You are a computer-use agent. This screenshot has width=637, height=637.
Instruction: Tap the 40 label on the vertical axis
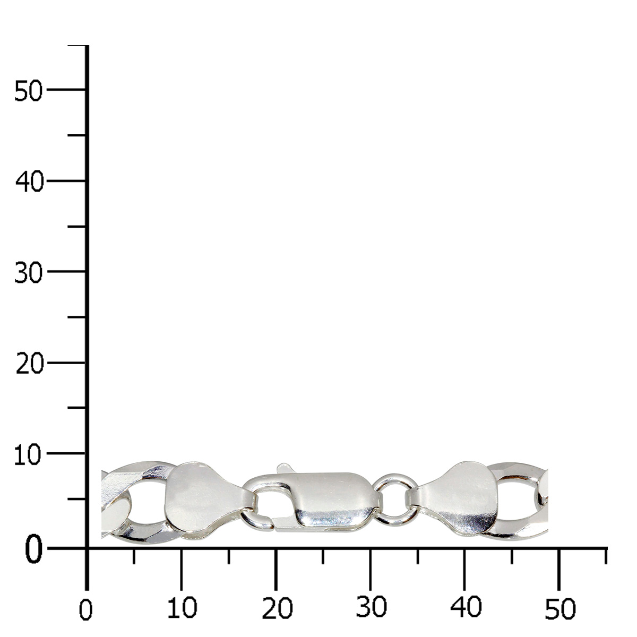click(29, 182)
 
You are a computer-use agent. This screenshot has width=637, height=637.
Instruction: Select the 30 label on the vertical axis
click(29, 273)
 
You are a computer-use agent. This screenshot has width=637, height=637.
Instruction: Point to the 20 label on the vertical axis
click(29, 364)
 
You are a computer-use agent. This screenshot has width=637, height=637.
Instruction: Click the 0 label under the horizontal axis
click(85, 610)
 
